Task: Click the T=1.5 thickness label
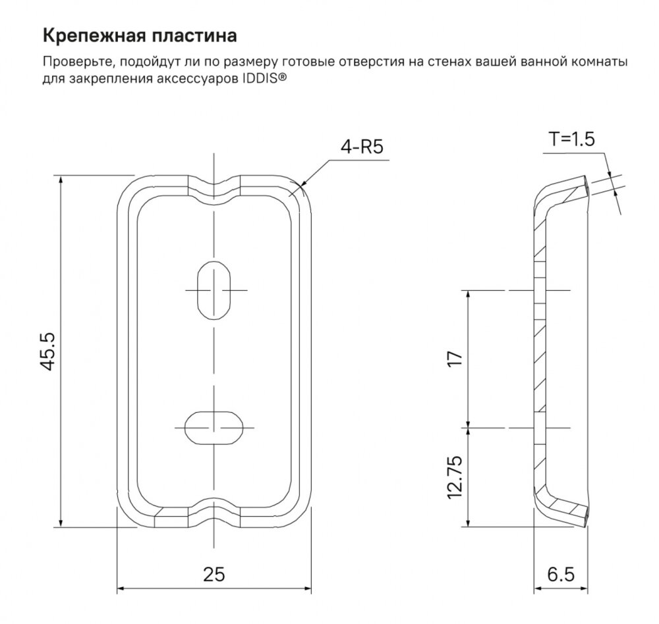(571, 139)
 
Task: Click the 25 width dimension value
(214, 574)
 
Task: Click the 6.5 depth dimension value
(561, 574)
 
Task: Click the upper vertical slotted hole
(214, 290)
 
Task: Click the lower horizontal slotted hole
(214, 427)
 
